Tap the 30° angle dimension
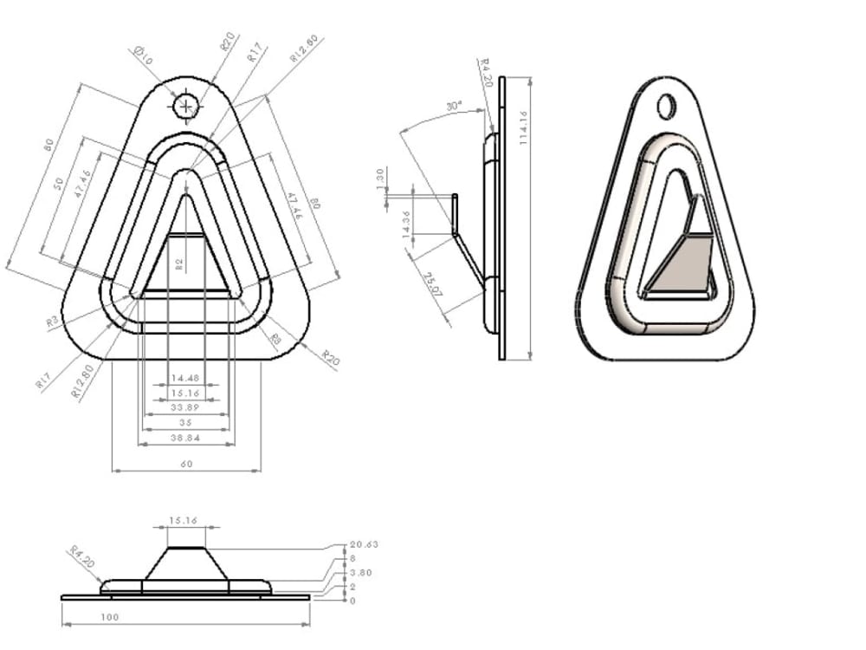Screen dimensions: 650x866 click(453, 107)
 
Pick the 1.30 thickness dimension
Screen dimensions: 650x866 click(380, 177)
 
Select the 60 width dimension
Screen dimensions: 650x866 click(186, 464)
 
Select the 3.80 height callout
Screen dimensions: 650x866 click(359, 573)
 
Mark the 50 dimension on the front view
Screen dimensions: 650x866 click(60, 185)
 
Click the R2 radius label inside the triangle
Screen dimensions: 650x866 click(179, 263)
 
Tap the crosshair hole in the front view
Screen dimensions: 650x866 click(186, 106)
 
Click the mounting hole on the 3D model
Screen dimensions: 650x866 click(666, 106)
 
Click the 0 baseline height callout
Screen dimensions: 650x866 click(352, 600)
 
